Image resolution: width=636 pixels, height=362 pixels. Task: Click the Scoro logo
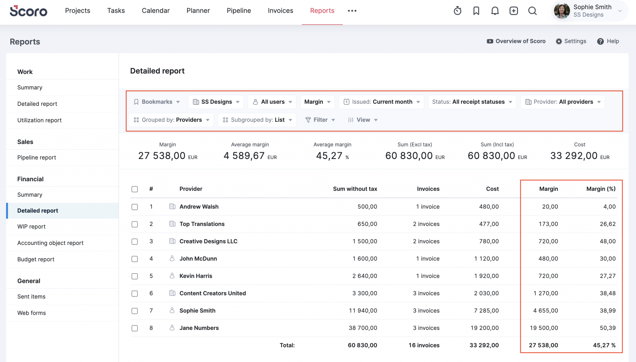coord(28,11)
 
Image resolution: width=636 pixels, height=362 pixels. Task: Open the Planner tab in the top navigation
coord(198,11)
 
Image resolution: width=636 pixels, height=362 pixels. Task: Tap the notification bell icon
coord(495,11)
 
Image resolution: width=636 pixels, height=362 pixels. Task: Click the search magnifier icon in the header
coord(532,11)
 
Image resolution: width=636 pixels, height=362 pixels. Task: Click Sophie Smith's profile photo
coord(562,11)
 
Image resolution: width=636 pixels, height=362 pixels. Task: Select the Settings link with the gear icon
coord(571,41)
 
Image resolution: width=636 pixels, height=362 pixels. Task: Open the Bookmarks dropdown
coord(157,102)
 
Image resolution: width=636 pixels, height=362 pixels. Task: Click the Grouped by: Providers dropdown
coord(171,120)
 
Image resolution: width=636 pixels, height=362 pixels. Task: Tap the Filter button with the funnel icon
coord(320,120)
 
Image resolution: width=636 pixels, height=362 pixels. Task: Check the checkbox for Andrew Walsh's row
coord(134,207)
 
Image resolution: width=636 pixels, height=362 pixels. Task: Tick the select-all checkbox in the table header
coord(134,189)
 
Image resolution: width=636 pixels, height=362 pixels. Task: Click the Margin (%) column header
coord(601,189)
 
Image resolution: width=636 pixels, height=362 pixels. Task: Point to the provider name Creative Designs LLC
coord(208,241)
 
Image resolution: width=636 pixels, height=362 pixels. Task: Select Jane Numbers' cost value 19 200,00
coord(484,328)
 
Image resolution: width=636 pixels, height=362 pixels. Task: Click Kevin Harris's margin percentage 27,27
coord(607,276)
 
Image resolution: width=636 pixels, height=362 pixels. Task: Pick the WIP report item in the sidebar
coord(31,227)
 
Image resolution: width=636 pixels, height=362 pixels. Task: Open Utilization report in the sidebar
coord(39,120)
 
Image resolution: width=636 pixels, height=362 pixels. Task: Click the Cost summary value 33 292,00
coord(574,156)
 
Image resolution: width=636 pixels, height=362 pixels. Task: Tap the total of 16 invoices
coord(424,345)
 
